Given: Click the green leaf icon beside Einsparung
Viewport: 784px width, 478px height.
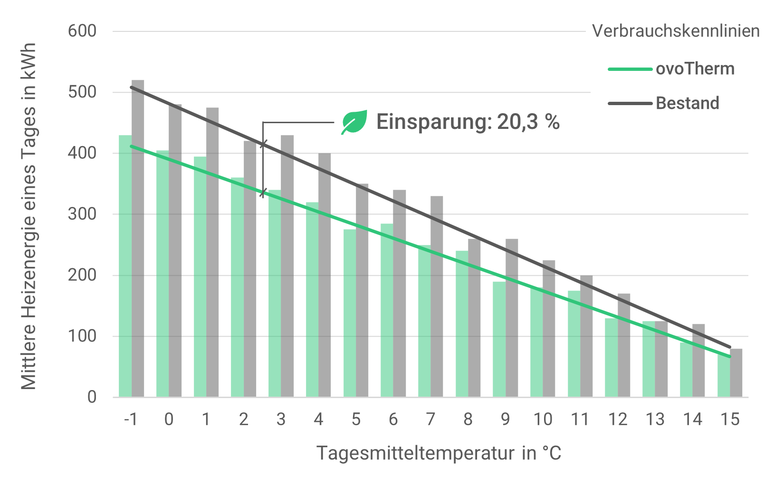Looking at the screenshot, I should pos(354,122).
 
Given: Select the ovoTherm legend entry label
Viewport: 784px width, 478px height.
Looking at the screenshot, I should pos(695,69).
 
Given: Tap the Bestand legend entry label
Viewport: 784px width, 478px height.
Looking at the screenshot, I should pos(687,103).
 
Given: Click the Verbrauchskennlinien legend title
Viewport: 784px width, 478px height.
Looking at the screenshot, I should pos(675,31).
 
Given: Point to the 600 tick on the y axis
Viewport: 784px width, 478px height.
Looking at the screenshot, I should pos(82,31).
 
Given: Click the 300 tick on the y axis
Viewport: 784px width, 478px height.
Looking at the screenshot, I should pos(82,214).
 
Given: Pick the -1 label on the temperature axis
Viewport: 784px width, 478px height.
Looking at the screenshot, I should pos(131,419).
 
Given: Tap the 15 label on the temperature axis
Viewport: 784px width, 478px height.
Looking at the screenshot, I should pos(730,419).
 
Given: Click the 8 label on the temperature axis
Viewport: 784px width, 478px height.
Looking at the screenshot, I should pos(468,419).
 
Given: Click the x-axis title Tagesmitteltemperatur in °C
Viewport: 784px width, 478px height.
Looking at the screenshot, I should pos(439,453).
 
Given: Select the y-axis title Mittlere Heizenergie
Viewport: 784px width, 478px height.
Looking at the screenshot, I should pos(29,216).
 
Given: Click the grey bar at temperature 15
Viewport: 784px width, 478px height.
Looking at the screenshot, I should pos(736,373).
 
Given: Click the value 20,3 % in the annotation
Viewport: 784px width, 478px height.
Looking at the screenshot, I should pos(528,122).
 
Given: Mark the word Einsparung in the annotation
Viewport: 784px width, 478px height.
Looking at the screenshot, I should pos(431,122).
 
